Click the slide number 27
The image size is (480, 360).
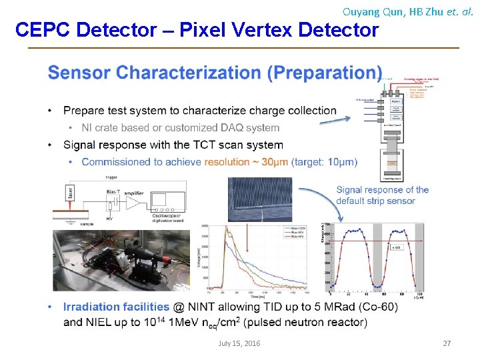click(x=447, y=343)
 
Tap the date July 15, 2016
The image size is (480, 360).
click(x=239, y=343)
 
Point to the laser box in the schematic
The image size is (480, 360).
click(x=71, y=193)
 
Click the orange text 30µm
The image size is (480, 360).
click(x=263, y=162)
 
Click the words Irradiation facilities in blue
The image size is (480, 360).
click(x=116, y=307)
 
